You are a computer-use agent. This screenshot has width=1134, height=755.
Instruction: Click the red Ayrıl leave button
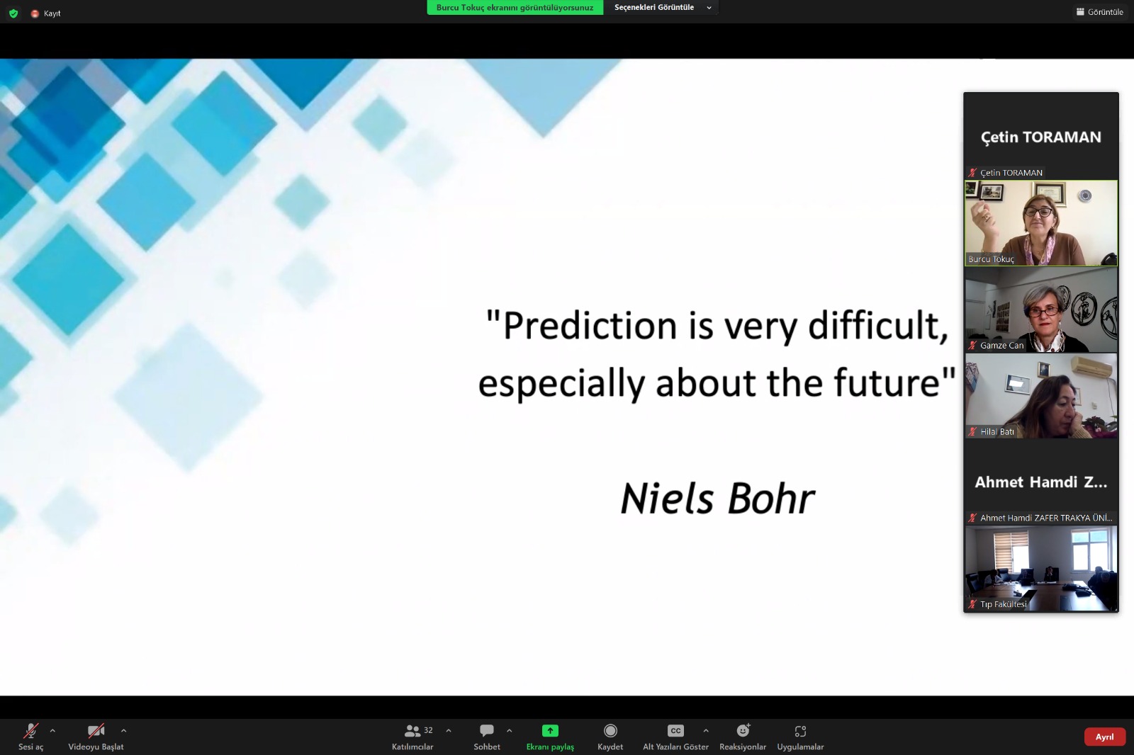[x=1104, y=737]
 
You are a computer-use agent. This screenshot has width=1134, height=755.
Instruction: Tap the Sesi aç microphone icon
[x=30, y=731]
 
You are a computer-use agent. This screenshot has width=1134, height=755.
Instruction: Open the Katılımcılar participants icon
[x=412, y=731]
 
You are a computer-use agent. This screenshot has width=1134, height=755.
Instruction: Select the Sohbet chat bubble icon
[x=486, y=730]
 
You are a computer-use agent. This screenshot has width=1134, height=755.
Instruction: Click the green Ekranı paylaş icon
[x=550, y=730]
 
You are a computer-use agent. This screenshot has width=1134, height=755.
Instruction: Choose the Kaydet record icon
[x=610, y=730]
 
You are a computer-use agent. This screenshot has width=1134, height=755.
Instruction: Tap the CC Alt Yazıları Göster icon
[x=675, y=730]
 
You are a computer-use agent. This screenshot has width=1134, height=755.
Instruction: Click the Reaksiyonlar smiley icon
[x=743, y=730]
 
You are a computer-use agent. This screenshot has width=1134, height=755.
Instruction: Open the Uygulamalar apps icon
[x=800, y=731]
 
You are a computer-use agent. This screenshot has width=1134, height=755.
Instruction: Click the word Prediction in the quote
[x=590, y=325]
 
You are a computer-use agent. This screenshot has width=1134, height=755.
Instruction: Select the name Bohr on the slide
[x=771, y=499]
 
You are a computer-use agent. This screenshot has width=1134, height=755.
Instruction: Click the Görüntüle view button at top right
[x=1099, y=11]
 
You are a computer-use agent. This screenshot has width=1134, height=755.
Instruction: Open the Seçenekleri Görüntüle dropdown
[x=662, y=8]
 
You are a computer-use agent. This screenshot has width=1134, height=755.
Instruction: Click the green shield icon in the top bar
[x=13, y=13]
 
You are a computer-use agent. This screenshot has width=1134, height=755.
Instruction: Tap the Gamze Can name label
[x=1001, y=345]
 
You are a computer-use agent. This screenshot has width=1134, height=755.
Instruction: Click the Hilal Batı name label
[x=997, y=431]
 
